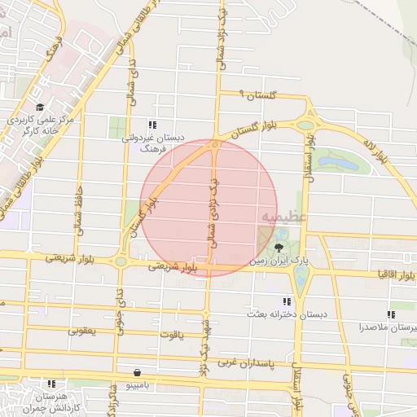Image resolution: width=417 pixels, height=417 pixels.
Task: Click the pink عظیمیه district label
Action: point(283,216)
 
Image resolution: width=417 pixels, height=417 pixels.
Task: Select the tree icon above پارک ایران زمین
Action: point(279,247)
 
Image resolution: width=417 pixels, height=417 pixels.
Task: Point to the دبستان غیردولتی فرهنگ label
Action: point(153,143)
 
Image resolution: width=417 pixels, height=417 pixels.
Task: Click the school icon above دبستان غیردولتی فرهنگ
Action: point(152,125)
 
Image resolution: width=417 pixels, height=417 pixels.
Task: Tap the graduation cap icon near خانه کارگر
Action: point(38,107)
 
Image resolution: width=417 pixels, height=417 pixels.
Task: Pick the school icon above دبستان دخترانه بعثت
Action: point(286,301)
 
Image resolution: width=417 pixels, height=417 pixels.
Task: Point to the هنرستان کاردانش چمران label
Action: point(50,401)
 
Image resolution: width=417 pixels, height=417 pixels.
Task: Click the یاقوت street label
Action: point(173,335)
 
